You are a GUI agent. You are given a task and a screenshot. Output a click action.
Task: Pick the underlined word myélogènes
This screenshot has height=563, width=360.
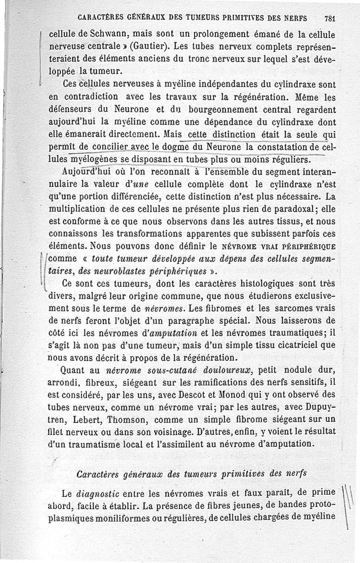[x=94, y=160]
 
